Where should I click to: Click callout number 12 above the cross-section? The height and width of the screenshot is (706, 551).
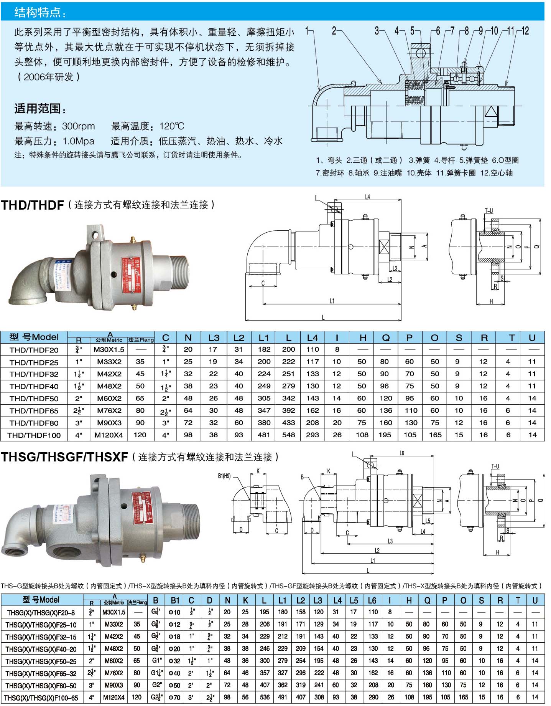[525, 31]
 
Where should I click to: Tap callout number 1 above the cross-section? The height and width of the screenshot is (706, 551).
[307, 31]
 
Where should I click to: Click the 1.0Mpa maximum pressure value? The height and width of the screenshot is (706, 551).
[78, 141]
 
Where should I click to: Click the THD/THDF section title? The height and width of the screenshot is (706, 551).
[32, 205]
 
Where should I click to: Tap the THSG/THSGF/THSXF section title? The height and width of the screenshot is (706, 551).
[64, 457]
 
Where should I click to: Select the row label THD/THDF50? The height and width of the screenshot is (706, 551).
[34, 398]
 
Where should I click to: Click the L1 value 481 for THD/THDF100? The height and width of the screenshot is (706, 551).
[264, 435]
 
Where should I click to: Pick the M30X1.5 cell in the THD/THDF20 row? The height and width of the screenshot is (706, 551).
[109, 349]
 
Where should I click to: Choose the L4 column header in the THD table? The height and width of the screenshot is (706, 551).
[313, 337]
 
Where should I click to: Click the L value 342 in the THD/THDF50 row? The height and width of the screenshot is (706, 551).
[288, 398]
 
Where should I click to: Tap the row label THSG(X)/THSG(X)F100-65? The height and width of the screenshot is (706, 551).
[41, 698]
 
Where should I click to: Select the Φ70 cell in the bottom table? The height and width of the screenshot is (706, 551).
[174, 697]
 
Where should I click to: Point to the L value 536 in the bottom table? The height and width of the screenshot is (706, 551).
[265, 697]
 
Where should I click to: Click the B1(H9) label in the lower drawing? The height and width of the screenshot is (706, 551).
[224, 476]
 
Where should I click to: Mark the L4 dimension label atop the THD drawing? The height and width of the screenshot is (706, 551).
[367, 197]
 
